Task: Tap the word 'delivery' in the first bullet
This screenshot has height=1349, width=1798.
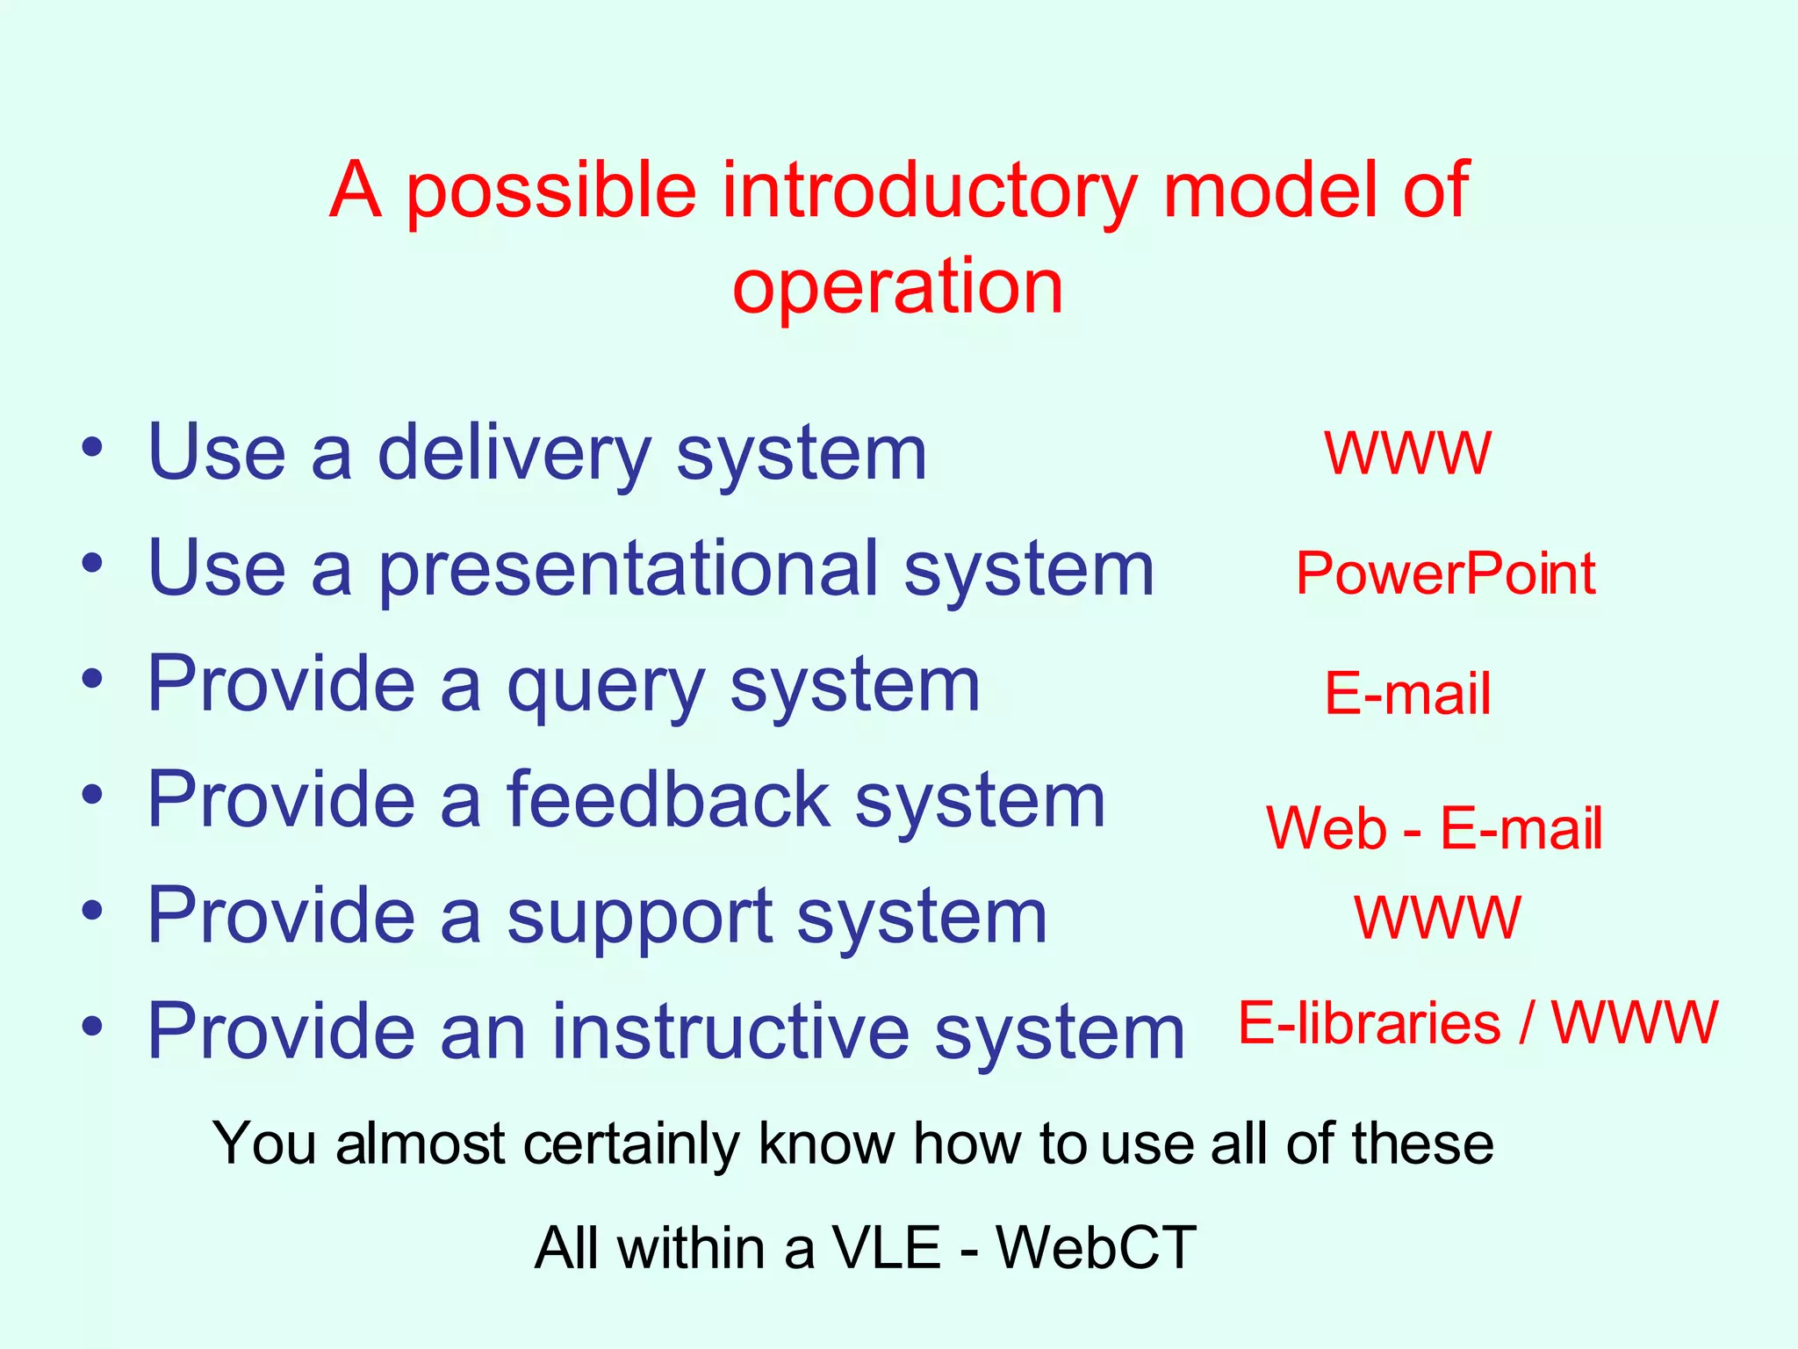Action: (x=514, y=453)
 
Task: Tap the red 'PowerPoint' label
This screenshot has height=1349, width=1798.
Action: (x=1445, y=574)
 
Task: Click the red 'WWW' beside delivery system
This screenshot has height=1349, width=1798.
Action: (x=1407, y=454)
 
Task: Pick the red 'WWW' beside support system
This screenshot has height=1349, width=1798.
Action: (x=1437, y=919)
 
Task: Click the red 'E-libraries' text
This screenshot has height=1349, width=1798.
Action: (x=1369, y=1024)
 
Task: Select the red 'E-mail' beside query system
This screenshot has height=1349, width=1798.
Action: (x=1407, y=694)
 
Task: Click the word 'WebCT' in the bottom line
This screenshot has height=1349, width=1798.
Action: (x=1096, y=1248)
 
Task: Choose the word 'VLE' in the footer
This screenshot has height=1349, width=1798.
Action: (x=887, y=1248)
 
